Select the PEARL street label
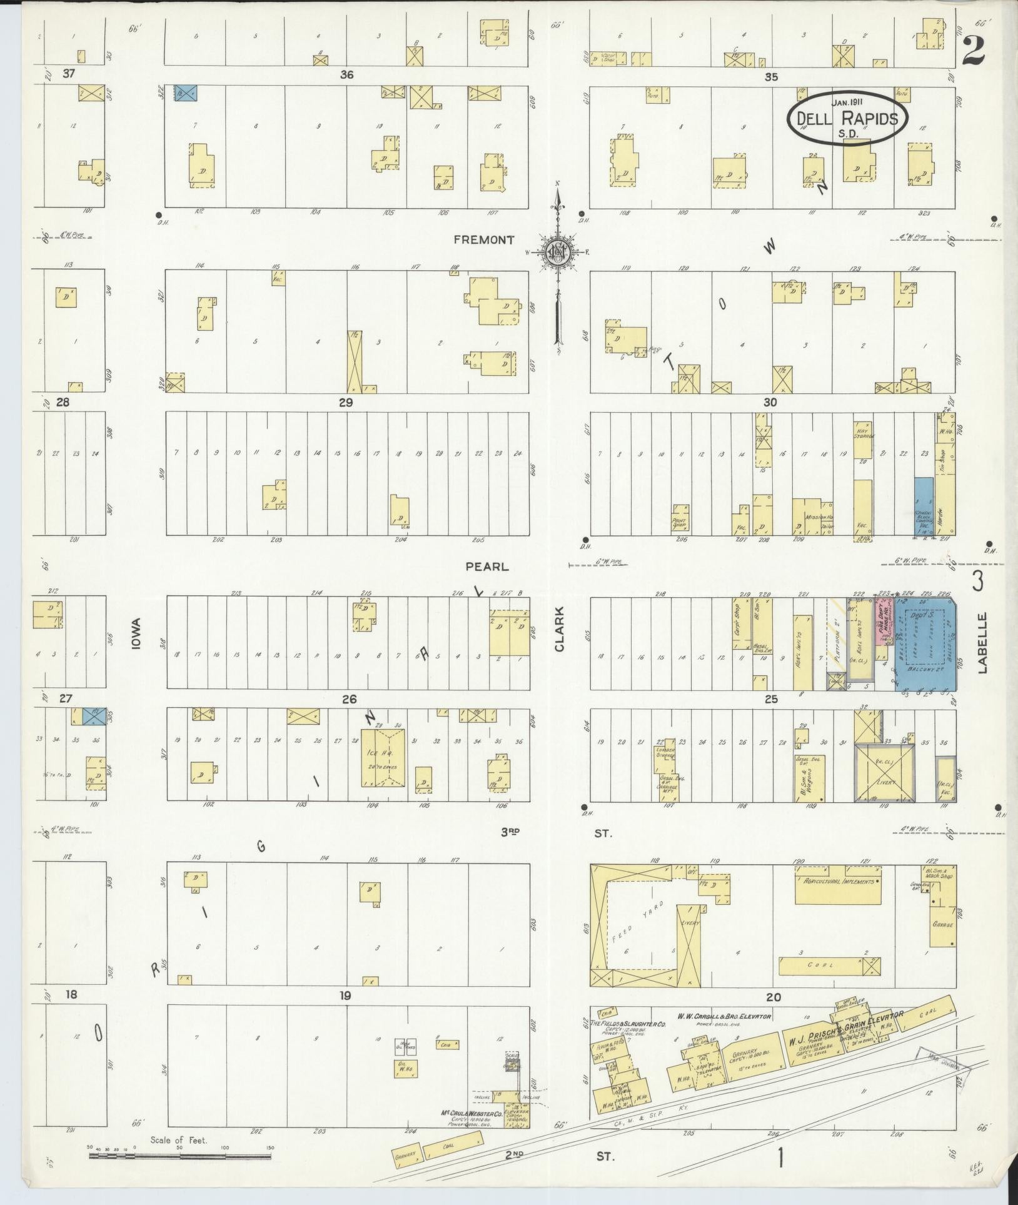tap(487, 567)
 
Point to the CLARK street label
tap(558, 628)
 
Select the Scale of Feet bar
tap(180, 1156)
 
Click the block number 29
tap(346, 403)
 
